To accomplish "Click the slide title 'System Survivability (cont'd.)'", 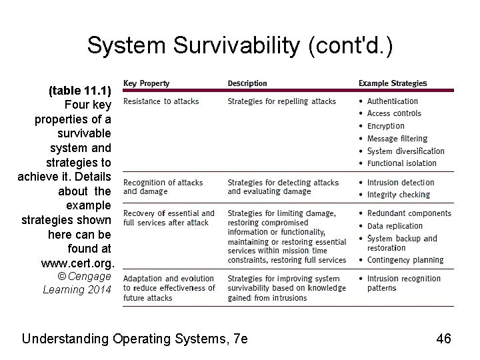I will (240, 45).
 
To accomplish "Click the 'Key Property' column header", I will (147, 83).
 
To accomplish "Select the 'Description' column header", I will (247, 83).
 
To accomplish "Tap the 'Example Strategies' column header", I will (393, 83).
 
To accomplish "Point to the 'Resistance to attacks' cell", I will (161, 101).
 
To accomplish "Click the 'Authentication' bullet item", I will (392, 101).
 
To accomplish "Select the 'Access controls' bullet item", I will (394, 113).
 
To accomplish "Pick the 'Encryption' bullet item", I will (385, 126).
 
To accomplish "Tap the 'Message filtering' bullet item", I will (397, 139).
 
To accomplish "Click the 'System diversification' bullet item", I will (405, 151).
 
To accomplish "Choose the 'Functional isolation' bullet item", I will (401, 163).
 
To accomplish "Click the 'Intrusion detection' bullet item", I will (400, 183).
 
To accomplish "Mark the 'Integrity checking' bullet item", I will (398, 195).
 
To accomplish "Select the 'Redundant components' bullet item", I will (409, 213).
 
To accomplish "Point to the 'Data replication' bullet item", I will (395, 226).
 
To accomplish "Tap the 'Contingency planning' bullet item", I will (405, 260).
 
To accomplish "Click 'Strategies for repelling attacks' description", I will (281, 101).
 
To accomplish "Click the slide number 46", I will (443, 339).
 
